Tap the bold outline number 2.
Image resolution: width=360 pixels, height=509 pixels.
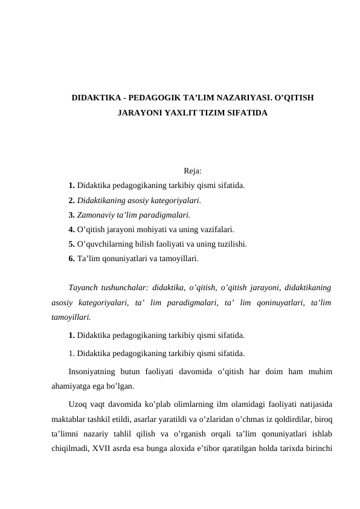point(72,200)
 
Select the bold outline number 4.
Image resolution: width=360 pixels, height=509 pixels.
point(72,230)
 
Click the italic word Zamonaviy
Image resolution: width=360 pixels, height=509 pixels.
point(95,215)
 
